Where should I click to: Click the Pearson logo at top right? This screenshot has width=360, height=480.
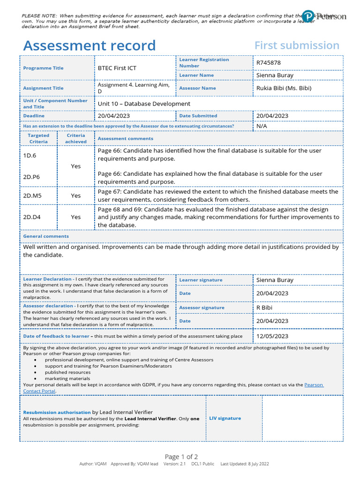[324, 16]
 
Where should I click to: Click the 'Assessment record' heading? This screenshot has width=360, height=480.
[89, 45]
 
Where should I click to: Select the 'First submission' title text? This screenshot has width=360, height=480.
[297, 45]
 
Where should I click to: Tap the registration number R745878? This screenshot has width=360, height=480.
[269, 62]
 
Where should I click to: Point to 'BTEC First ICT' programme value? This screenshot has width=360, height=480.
[117, 68]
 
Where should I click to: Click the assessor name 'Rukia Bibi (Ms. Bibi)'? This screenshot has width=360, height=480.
[284, 88]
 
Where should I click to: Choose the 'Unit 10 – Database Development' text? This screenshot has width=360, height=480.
[144, 104]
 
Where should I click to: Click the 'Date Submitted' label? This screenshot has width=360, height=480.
[198, 116]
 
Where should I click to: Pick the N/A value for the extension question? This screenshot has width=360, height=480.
[262, 126]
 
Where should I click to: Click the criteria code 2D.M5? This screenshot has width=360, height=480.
[32, 195]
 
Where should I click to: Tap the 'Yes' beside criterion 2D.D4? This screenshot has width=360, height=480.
[76, 217]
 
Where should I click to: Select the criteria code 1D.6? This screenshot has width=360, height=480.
[30, 155]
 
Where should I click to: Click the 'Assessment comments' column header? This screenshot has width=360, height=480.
[125, 139]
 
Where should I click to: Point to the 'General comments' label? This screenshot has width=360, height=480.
[46, 236]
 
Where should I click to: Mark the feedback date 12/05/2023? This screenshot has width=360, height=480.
[272, 336]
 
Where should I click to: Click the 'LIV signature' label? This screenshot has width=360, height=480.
[225, 418]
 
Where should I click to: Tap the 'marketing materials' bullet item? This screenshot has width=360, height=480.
[67, 378]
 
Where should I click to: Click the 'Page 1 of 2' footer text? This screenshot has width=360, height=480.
[181, 457]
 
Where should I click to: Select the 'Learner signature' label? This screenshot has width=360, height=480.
[201, 280]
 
